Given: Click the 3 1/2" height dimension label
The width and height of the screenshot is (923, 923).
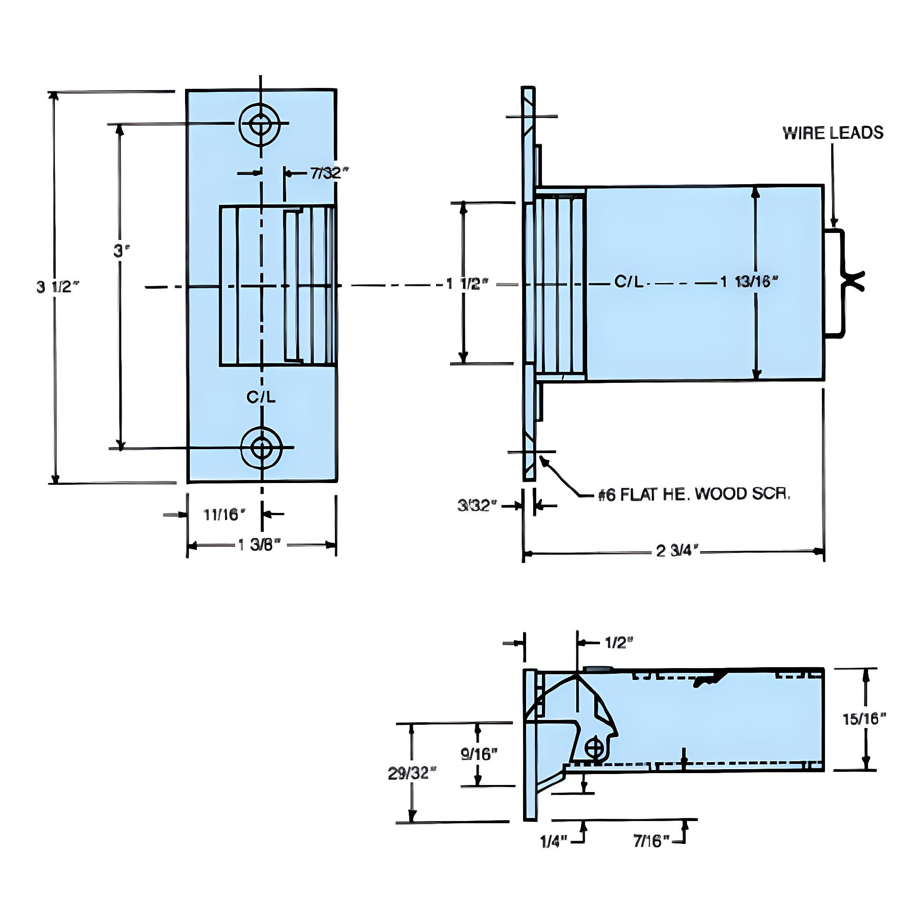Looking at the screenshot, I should [57, 287].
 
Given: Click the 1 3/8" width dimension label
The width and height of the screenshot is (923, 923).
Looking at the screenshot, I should [259, 545].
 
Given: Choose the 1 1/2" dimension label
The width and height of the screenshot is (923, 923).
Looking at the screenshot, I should [467, 284].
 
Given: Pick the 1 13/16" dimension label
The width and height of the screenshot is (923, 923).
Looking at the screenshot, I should [749, 282].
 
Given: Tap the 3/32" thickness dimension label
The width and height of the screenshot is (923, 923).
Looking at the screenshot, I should [477, 505].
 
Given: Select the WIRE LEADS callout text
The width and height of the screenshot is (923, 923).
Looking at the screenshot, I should [833, 133].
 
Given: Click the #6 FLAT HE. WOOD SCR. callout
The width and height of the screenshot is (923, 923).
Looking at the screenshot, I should [694, 495].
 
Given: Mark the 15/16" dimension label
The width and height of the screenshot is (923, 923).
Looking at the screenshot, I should [864, 719].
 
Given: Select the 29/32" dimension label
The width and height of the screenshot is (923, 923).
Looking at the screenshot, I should [412, 774].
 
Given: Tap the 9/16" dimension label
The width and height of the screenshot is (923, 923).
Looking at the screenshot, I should [479, 754].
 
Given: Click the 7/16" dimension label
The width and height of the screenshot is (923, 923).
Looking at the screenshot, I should [652, 841].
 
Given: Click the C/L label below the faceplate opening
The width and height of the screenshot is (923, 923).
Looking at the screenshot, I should [261, 397].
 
